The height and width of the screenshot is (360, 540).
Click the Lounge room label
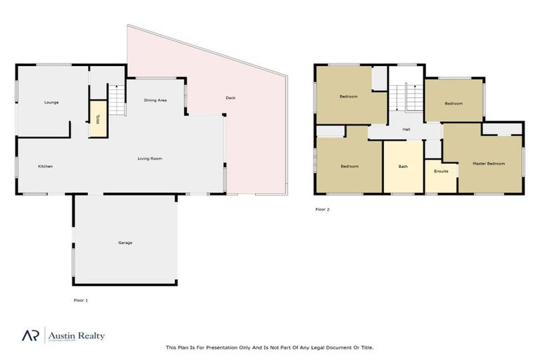click(x=51, y=103)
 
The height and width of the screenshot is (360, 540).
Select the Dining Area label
click(x=155, y=101)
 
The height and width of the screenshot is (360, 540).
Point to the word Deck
click(x=230, y=98)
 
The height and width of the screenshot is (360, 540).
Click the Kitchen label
click(x=45, y=167)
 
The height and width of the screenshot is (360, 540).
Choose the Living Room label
click(x=150, y=159)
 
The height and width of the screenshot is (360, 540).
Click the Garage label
click(x=125, y=243)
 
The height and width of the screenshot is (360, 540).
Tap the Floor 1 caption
click(x=81, y=300)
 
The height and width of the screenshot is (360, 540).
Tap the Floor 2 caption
click(x=322, y=209)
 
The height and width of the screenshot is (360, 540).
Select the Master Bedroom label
click(x=489, y=163)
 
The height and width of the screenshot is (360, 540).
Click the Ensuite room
click(x=441, y=171)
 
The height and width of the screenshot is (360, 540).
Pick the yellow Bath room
click(x=403, y=167)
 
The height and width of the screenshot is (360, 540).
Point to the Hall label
click(x=406, y=129)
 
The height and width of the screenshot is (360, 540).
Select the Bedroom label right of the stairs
click(x=454, y=103)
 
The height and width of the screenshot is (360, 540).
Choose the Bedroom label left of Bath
click(x=349, y=167)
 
